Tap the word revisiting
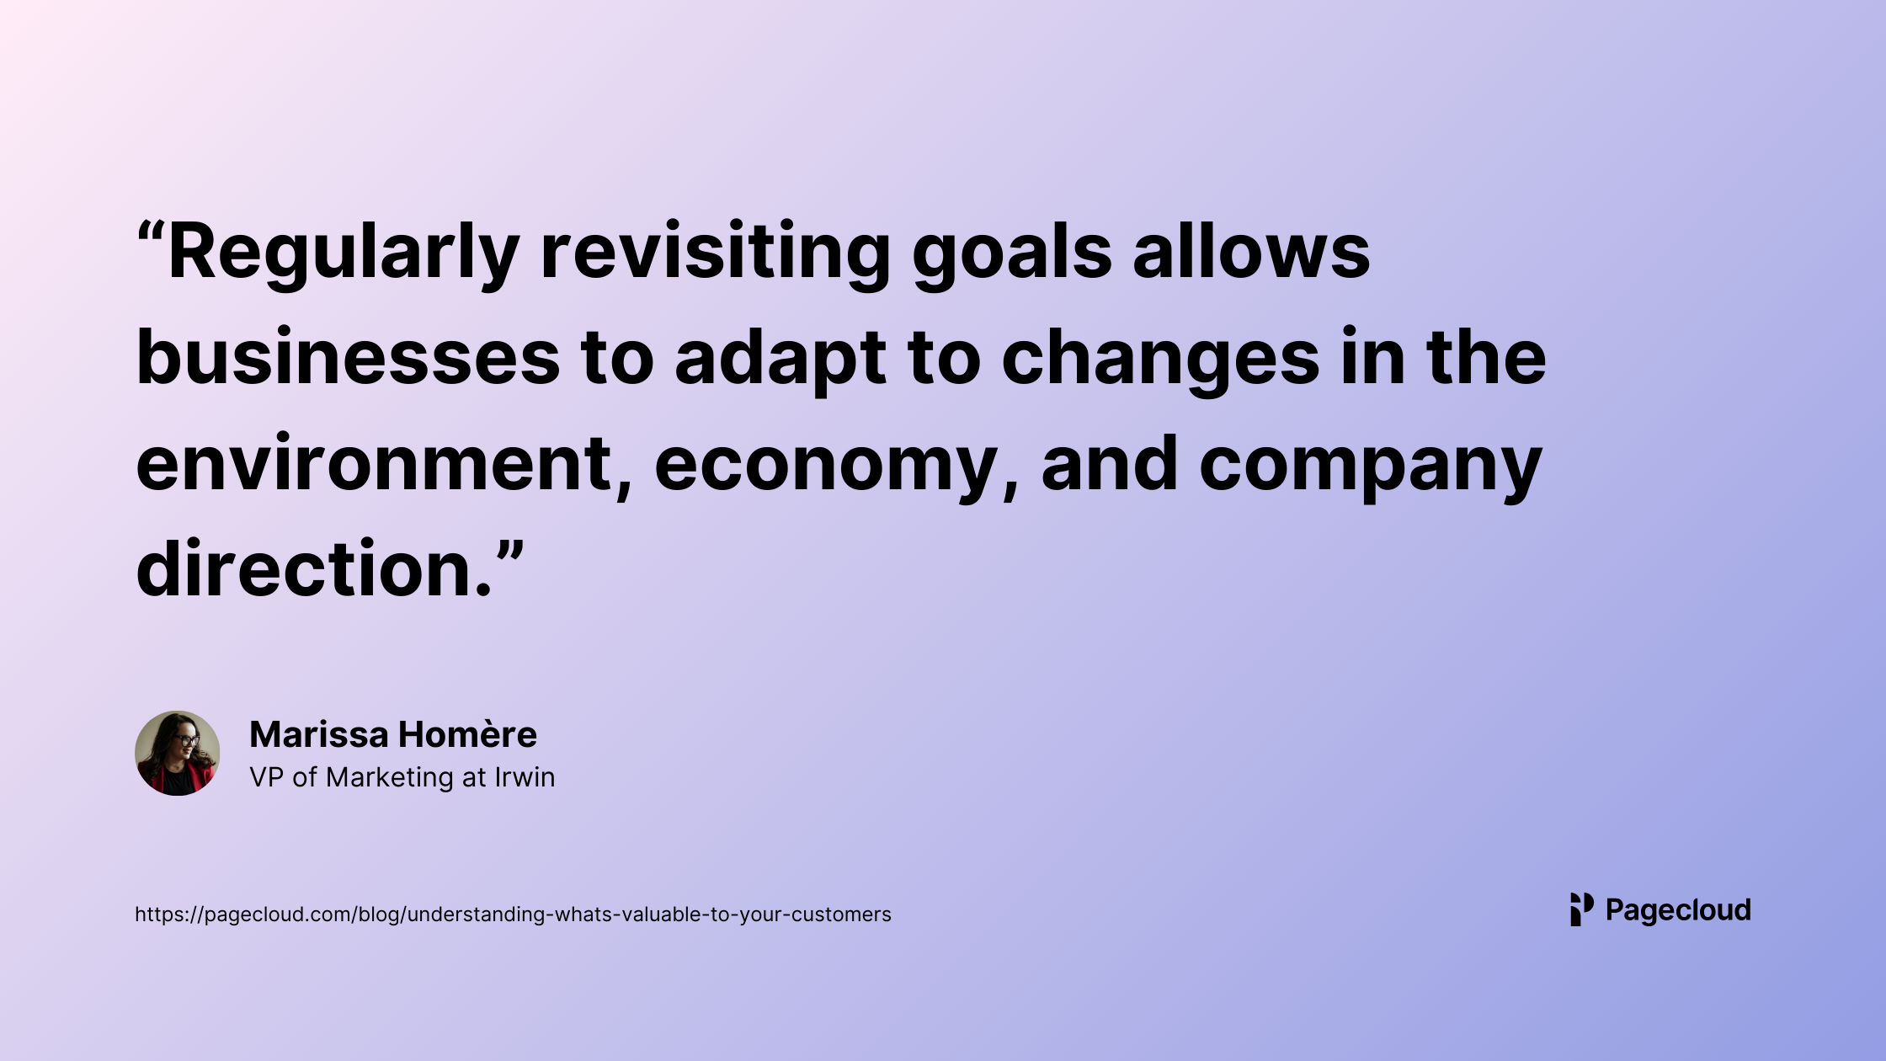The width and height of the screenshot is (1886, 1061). pos(716,253)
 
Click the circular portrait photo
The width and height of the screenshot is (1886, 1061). pos(178,753)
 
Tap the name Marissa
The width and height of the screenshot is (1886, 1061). pos(319,734)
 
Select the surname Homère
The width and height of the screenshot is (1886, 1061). pos(468,734)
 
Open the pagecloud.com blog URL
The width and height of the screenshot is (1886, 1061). pos(513,914)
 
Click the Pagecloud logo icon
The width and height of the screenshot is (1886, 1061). pos(1582,909)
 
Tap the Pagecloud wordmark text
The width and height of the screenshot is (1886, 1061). pos(1678,910)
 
